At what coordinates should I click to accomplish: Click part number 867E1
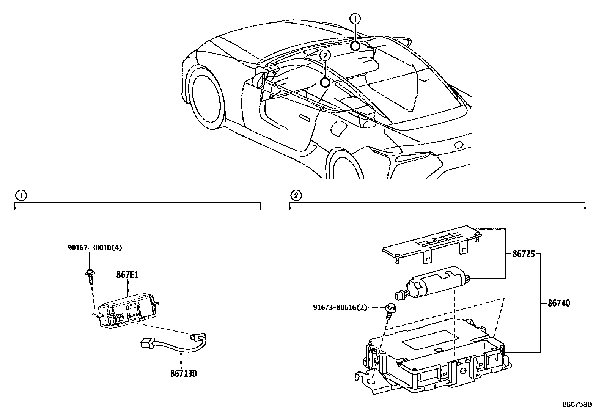click(127, 275)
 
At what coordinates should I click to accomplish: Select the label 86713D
click(183, 374)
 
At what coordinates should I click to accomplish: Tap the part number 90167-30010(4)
click(95, 248)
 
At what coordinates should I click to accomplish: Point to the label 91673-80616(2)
click(340, 308)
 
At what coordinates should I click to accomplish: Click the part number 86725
click(523, 255)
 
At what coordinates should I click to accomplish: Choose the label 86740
click(558, 303)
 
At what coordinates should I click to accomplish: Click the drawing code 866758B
click(577, 404)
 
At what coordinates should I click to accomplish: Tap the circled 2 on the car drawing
click(325, 55)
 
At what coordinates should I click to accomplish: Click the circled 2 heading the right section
click(296, 195)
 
